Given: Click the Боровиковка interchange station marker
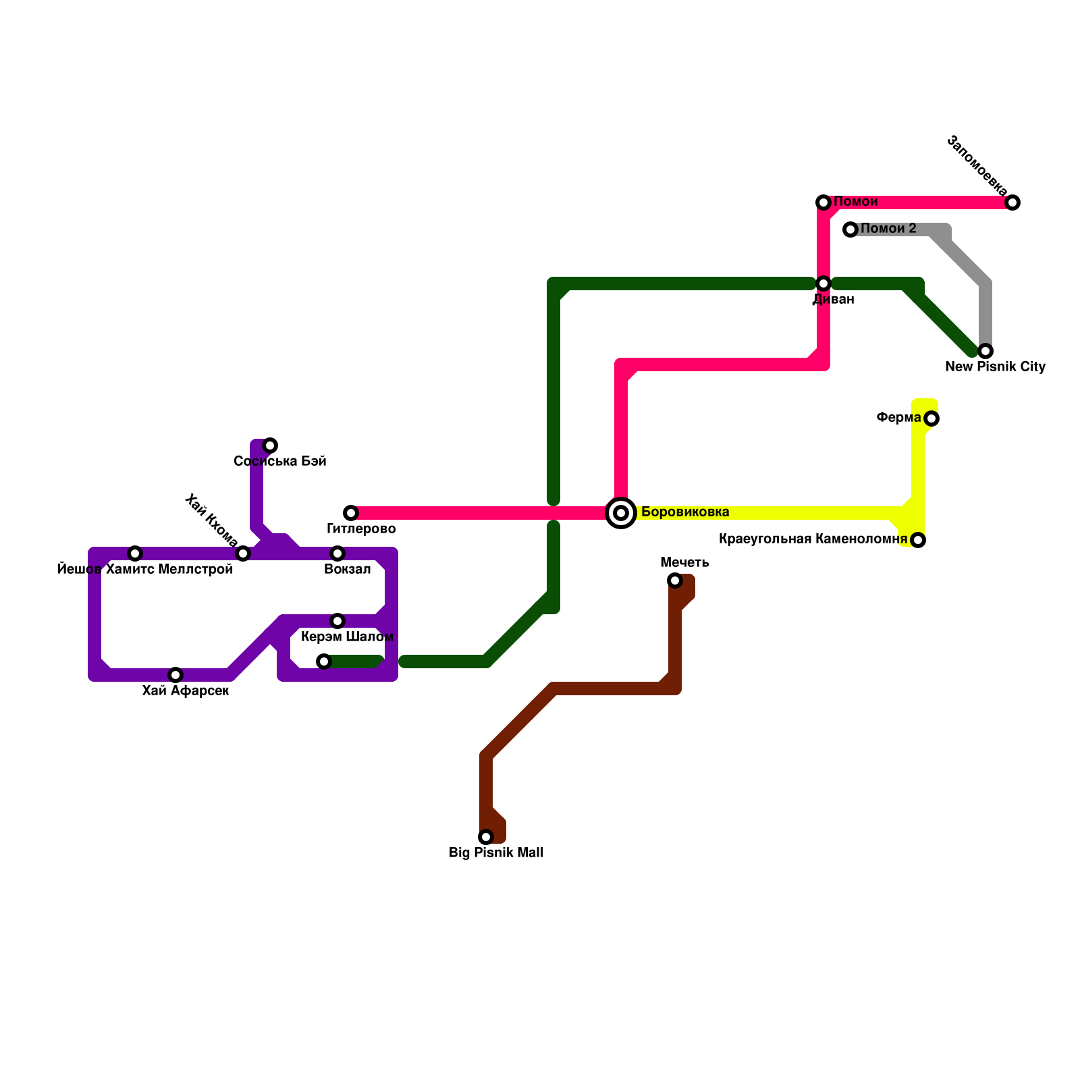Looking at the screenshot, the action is [621, 513].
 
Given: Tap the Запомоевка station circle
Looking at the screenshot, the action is [1013, 202].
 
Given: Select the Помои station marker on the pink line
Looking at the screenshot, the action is [823, 202].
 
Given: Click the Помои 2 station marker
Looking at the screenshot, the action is [850, 230].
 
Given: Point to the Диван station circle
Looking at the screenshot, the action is [823, 283].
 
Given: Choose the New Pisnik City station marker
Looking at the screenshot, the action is [986, 351].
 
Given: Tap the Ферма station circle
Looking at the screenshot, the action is [932, 418].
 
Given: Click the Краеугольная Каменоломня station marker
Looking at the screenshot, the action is [918, 540].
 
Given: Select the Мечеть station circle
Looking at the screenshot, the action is [675, 580].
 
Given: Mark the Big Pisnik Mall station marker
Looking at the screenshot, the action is [486, 837].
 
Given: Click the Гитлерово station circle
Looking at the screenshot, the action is [351, 513].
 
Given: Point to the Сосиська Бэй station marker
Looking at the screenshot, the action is [270, 446].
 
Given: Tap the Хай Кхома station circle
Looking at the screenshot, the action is [243, 553].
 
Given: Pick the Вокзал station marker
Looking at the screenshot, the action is [337, 553].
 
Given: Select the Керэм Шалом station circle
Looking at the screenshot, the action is [337, 621].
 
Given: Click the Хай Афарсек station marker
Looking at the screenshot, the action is [175, 675].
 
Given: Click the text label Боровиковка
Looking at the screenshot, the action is [684, 512].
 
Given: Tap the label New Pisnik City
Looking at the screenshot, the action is [995, 367].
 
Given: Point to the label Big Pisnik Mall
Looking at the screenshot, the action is [495, 853].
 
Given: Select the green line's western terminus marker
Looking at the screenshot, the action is [324, 661].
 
